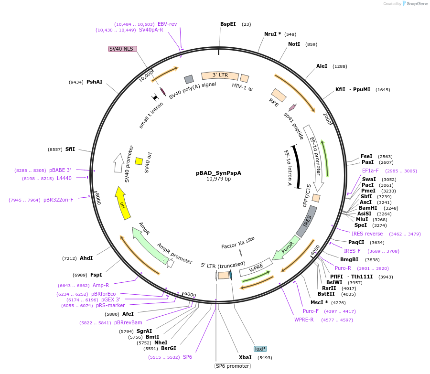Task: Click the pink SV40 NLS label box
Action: pos(122,49)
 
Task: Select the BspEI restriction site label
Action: pos(228,24)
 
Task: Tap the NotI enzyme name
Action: pos(294,44)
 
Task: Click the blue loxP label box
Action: pos(260,349)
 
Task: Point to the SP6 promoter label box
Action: pos(233,366)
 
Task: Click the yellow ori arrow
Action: pos(122,203)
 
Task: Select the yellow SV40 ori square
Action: pos(139,161)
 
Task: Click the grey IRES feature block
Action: pos(307,222)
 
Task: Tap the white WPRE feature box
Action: pos(256,267)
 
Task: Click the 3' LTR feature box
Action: pos(220,75)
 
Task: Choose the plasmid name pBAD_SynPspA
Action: pos(218,173)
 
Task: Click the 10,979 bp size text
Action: pos(218,179)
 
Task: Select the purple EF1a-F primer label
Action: pos(370,171)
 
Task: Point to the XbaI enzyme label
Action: pos(245,358)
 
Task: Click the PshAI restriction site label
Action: pos(94,82)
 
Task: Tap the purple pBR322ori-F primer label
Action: pos(58,200)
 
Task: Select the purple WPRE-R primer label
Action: pos(304,320)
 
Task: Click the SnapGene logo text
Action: pos(417,3)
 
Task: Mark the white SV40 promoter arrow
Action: pos(119,163)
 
